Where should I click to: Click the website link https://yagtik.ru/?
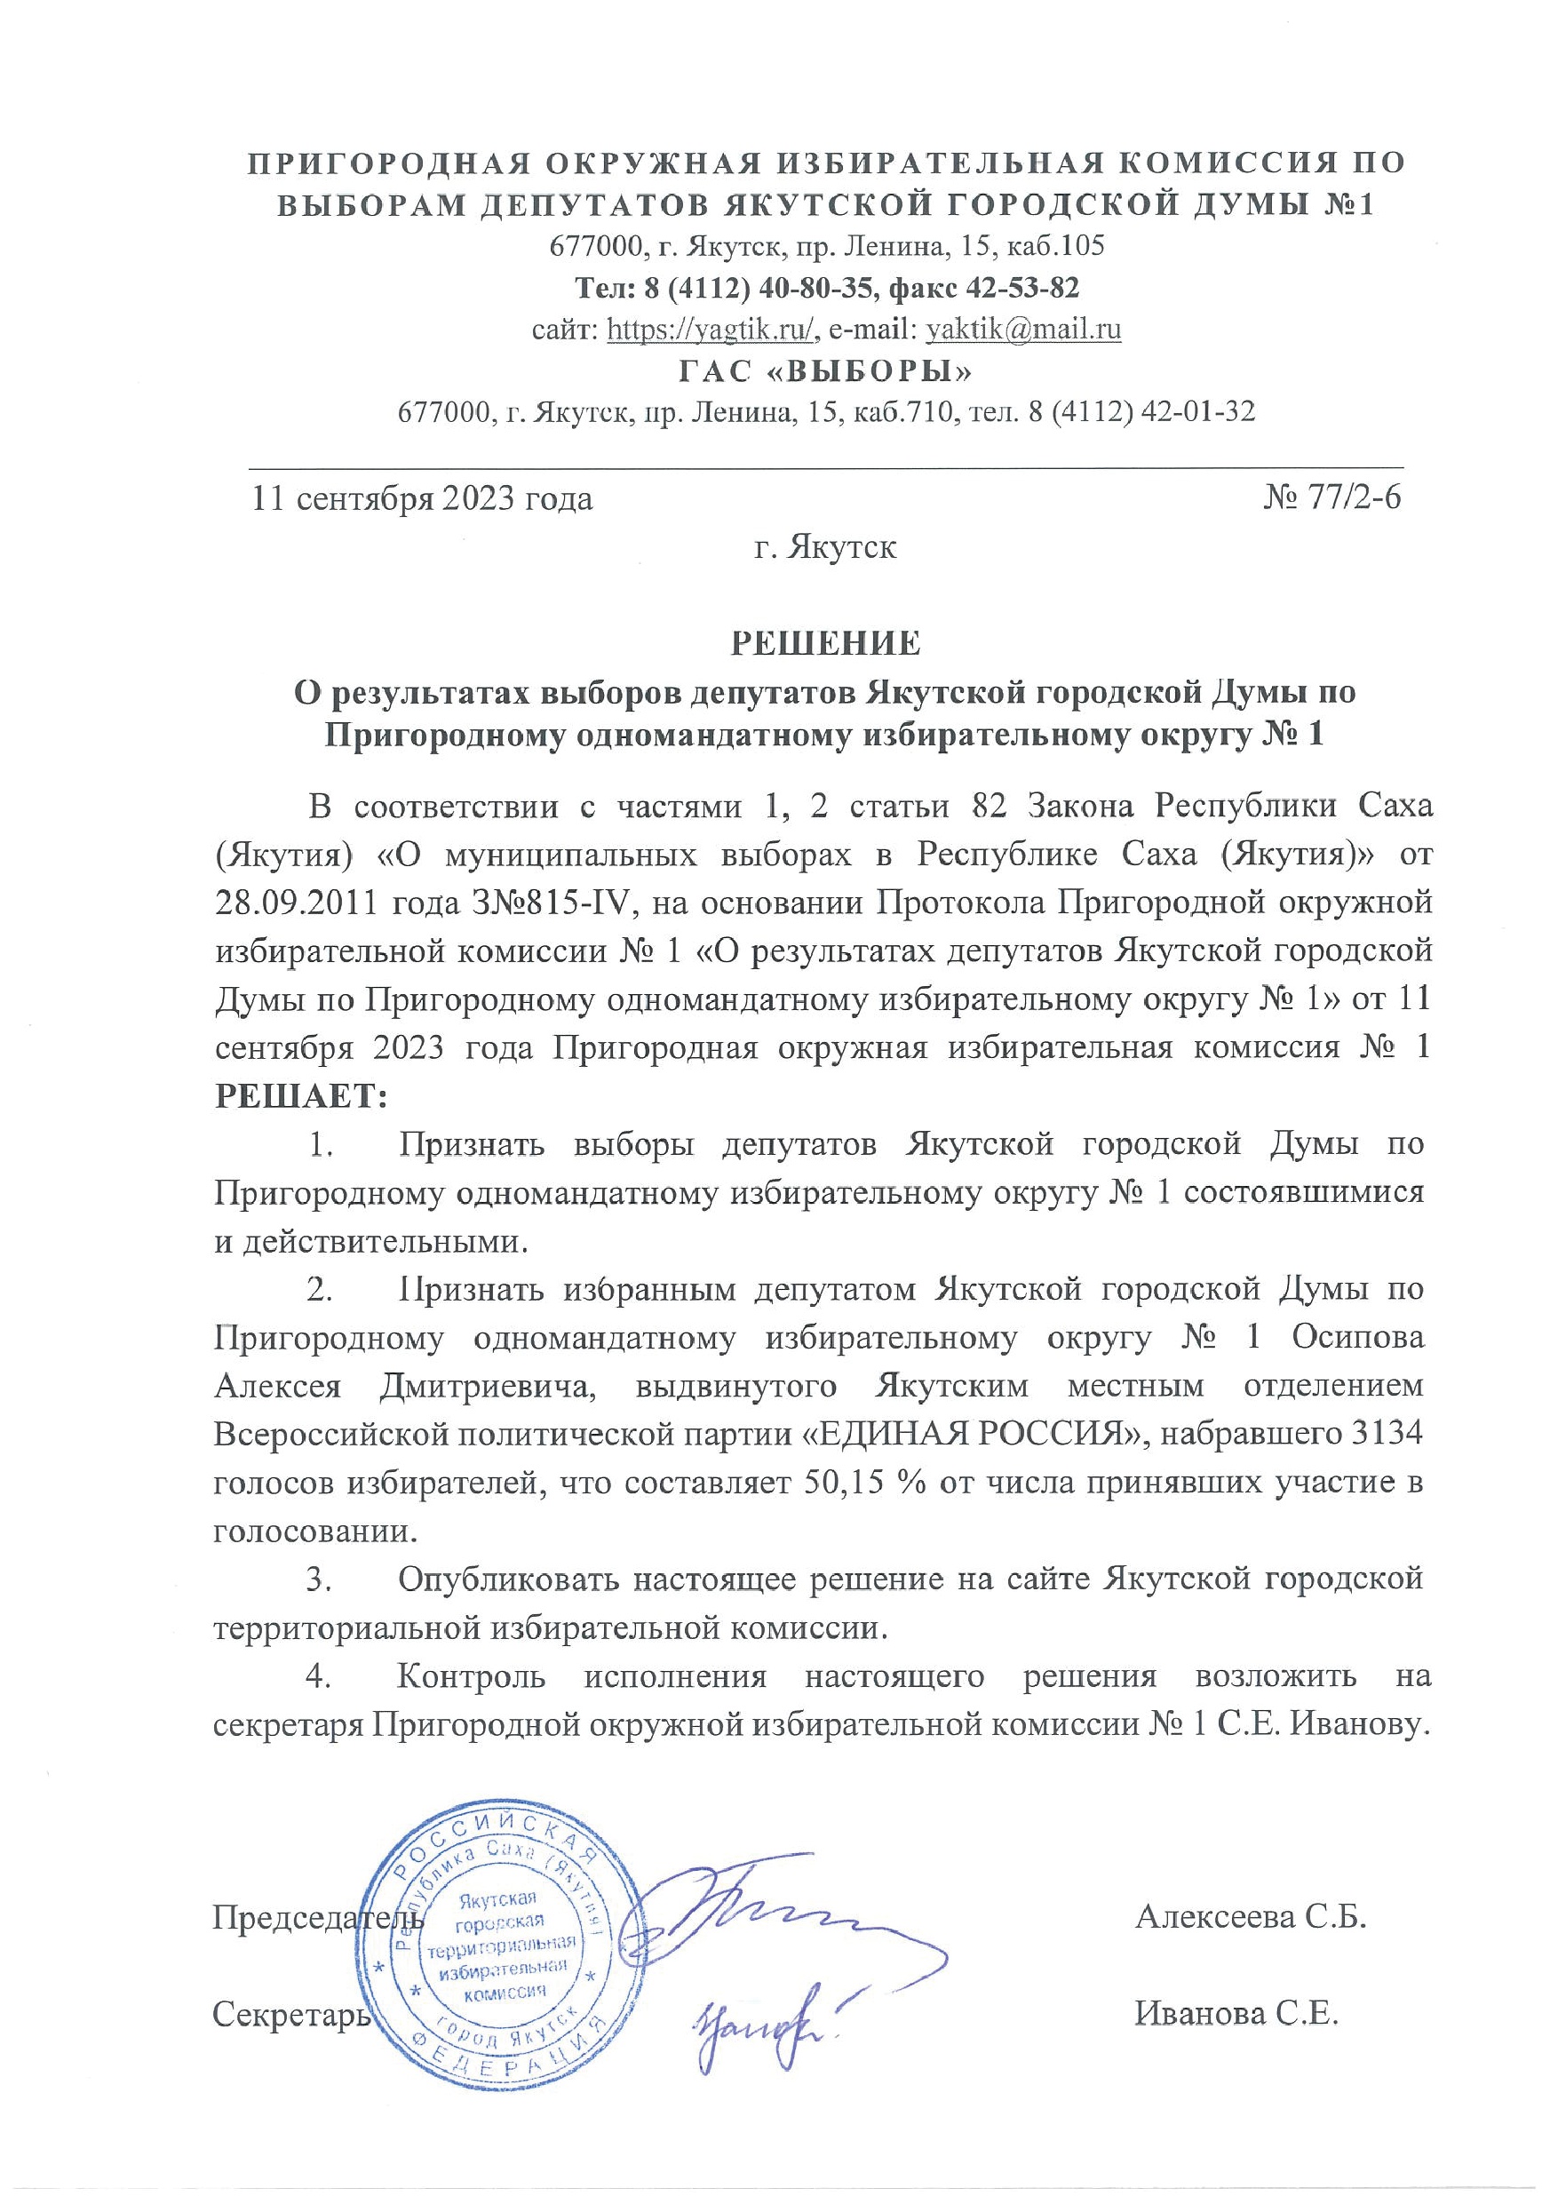[x=712, y=330]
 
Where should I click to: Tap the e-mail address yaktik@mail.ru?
[x=1021, y=330]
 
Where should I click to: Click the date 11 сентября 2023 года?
[x=423, y=499]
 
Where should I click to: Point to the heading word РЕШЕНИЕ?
[x=825, y=643]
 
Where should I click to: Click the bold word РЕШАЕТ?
[x=300, y=1096]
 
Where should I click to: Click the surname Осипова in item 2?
[x=1357, y=1337]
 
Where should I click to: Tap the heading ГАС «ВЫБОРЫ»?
[x=825, y=370]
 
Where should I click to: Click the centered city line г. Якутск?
[x=825, y=548]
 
